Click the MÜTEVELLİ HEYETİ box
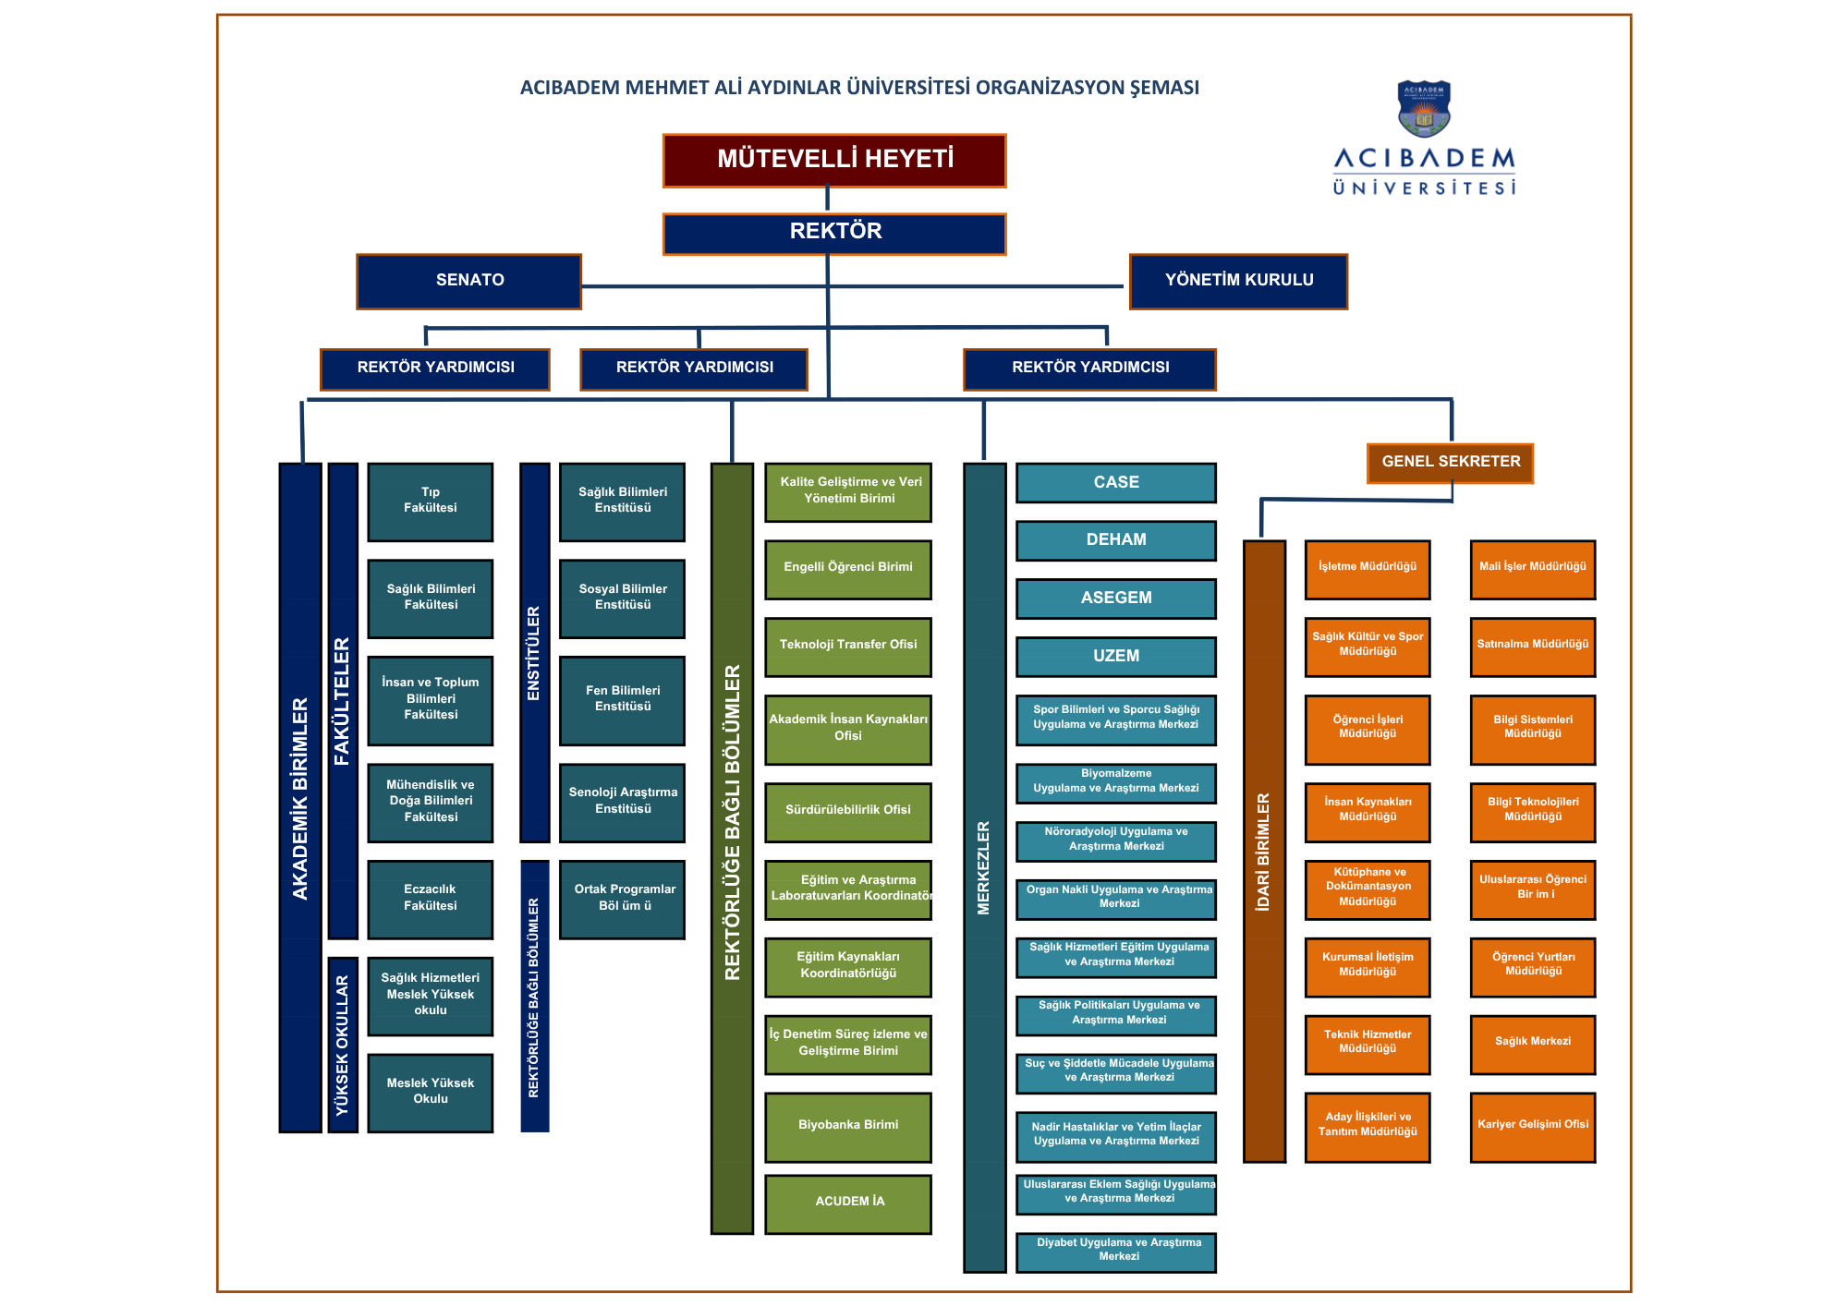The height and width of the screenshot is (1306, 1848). click(834, 161)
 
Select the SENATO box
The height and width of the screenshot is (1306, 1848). click(469, 281)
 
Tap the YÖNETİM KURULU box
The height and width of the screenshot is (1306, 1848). click(1238, 281)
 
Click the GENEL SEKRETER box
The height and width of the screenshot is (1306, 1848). click(1450, 462)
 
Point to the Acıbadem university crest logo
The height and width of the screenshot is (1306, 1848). click(1423, 109)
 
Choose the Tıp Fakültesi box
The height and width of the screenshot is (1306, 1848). click(431, 502)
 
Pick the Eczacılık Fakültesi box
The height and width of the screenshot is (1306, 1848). click(431, 899)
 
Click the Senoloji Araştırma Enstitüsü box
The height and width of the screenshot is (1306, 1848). click(623, 802)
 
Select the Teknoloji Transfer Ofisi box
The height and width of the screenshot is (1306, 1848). click(848, 646)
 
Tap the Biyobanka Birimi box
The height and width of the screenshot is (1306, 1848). click(848, 1126)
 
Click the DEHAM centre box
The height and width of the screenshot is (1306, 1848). click(1116, 540)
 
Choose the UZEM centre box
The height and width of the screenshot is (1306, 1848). click(1116, 657)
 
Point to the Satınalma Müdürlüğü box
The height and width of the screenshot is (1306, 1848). click(1533, 646)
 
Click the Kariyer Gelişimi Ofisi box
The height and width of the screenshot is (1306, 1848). click(1533, 1126)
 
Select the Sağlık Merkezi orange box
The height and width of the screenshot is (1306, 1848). click(1533, 1044)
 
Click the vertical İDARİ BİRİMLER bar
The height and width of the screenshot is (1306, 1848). click(1264, 850)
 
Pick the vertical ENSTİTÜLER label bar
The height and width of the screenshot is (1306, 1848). click(534, 652)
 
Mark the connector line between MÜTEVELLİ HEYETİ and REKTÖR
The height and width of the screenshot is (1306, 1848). click(827, 200)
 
